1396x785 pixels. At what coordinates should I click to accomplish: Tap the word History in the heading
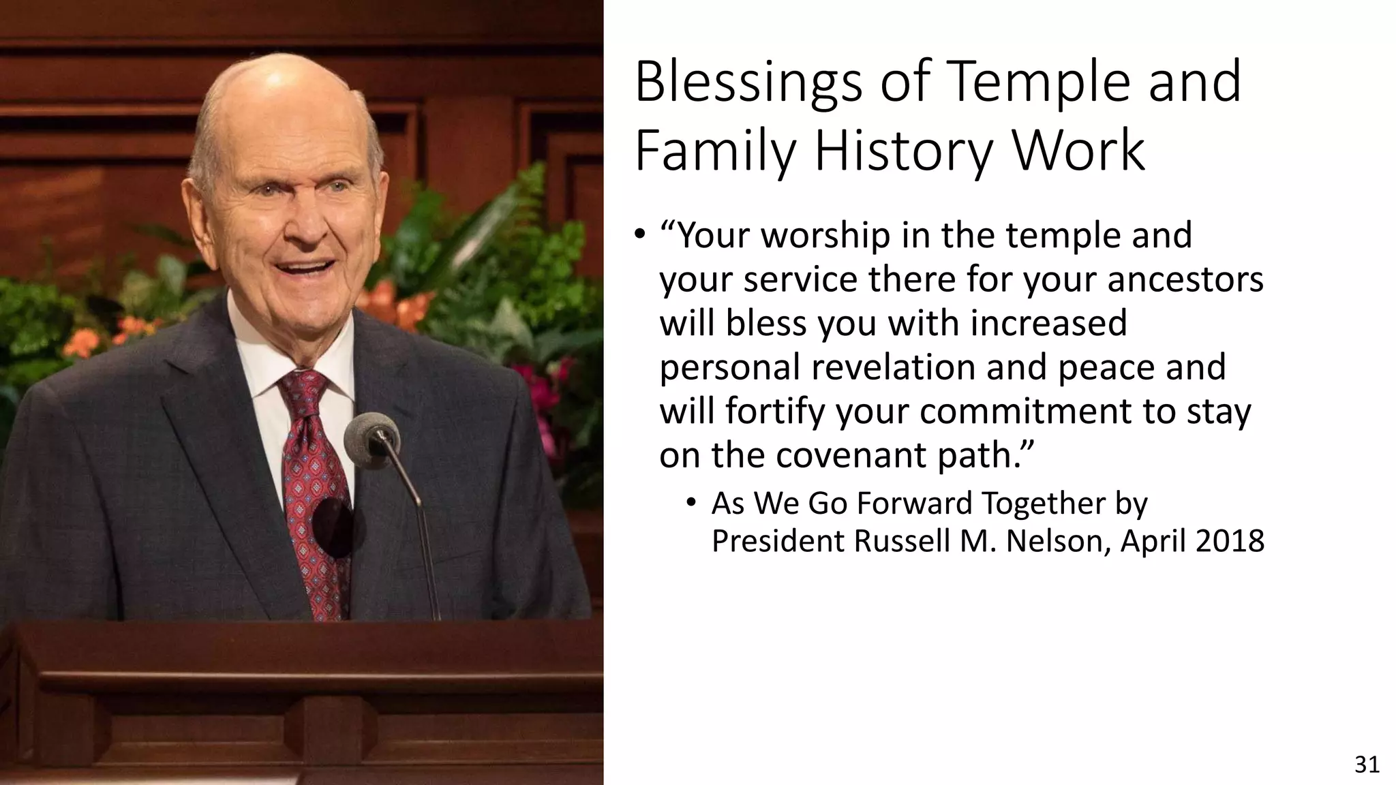pos(901,151)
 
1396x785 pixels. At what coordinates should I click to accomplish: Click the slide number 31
pos(1367,765)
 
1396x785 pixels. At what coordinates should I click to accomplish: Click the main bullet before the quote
pos(639,236)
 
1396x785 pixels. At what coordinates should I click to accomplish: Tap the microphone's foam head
pos(371,433)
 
